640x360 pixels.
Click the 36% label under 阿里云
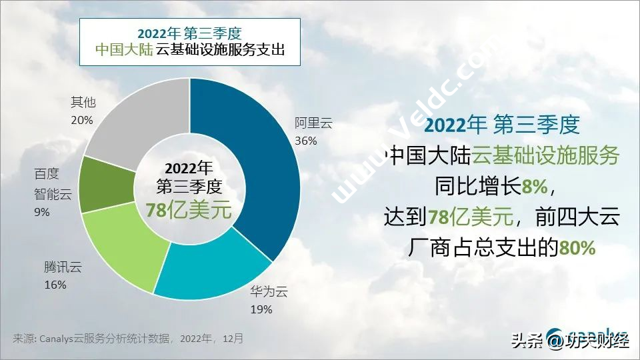click(306, 141)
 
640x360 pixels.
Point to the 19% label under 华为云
click(261, 309)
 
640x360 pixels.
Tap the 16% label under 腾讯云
click(55, 285)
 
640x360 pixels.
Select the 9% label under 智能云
click(42, 212)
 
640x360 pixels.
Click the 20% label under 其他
click(82, 120)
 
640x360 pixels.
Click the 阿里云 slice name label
click(313, 123)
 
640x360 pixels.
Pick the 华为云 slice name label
click(268, 291)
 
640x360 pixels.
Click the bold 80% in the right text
click(577, 248)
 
